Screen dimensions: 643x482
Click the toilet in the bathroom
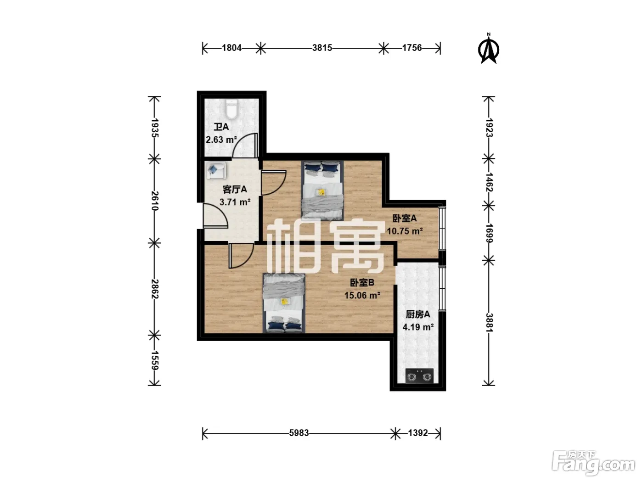click(231, 109)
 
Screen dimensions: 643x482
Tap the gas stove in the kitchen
click(419, 376)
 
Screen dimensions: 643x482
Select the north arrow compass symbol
click(489, 49)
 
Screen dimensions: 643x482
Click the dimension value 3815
click(322, 48)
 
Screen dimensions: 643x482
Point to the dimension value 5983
click(299, 433)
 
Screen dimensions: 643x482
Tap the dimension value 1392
click(418, 433)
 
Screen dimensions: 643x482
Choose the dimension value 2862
click(155, 289)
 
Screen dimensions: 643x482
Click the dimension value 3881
click(489, 323)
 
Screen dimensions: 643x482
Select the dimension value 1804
click(232, 48)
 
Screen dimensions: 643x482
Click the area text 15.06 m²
click(362, 295)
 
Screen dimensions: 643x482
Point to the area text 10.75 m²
click(405, 231)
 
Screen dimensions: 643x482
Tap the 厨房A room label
click(418, 314)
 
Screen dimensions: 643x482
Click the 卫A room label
click(221, 127)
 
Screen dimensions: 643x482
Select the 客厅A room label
click(235, 189)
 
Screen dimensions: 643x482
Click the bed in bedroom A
click(322, 190)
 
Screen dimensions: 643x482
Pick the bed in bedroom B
click(284, 303)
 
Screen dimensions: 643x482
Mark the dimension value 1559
click(155, 360)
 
